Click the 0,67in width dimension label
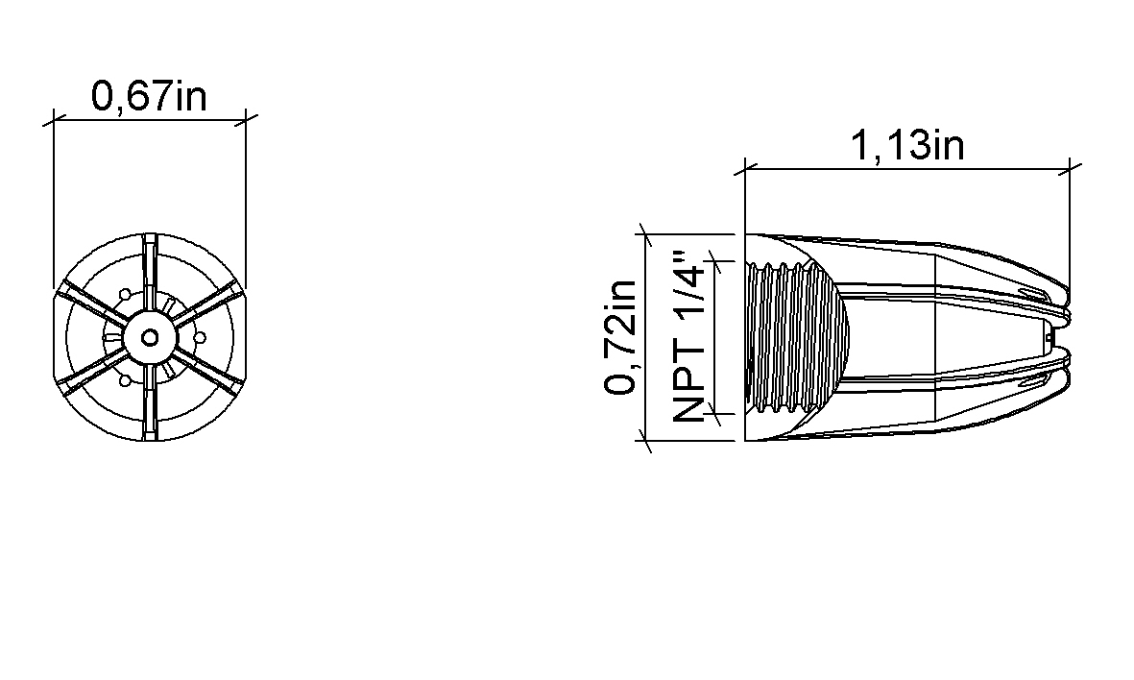click(x=149, y=96)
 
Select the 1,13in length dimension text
click(x=906, y=145)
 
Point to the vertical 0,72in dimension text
click(x=620, y=337)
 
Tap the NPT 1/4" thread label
click(x=688, y=337)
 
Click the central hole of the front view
click(x=150, y=337)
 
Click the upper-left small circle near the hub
click(x=125, y=295)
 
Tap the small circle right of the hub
click(x=201, y=337)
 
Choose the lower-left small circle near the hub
click(x=125, y=379)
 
